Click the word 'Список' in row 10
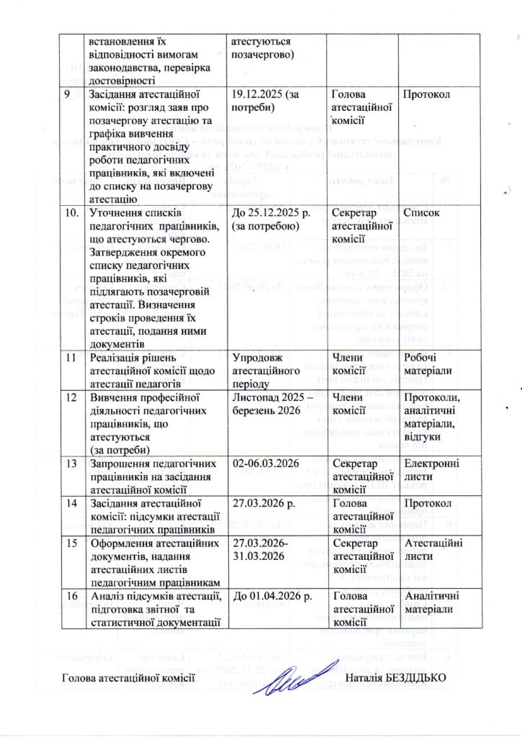[421, 214]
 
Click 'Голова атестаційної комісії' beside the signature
[129, 678]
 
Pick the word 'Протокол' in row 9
[426, 94]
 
